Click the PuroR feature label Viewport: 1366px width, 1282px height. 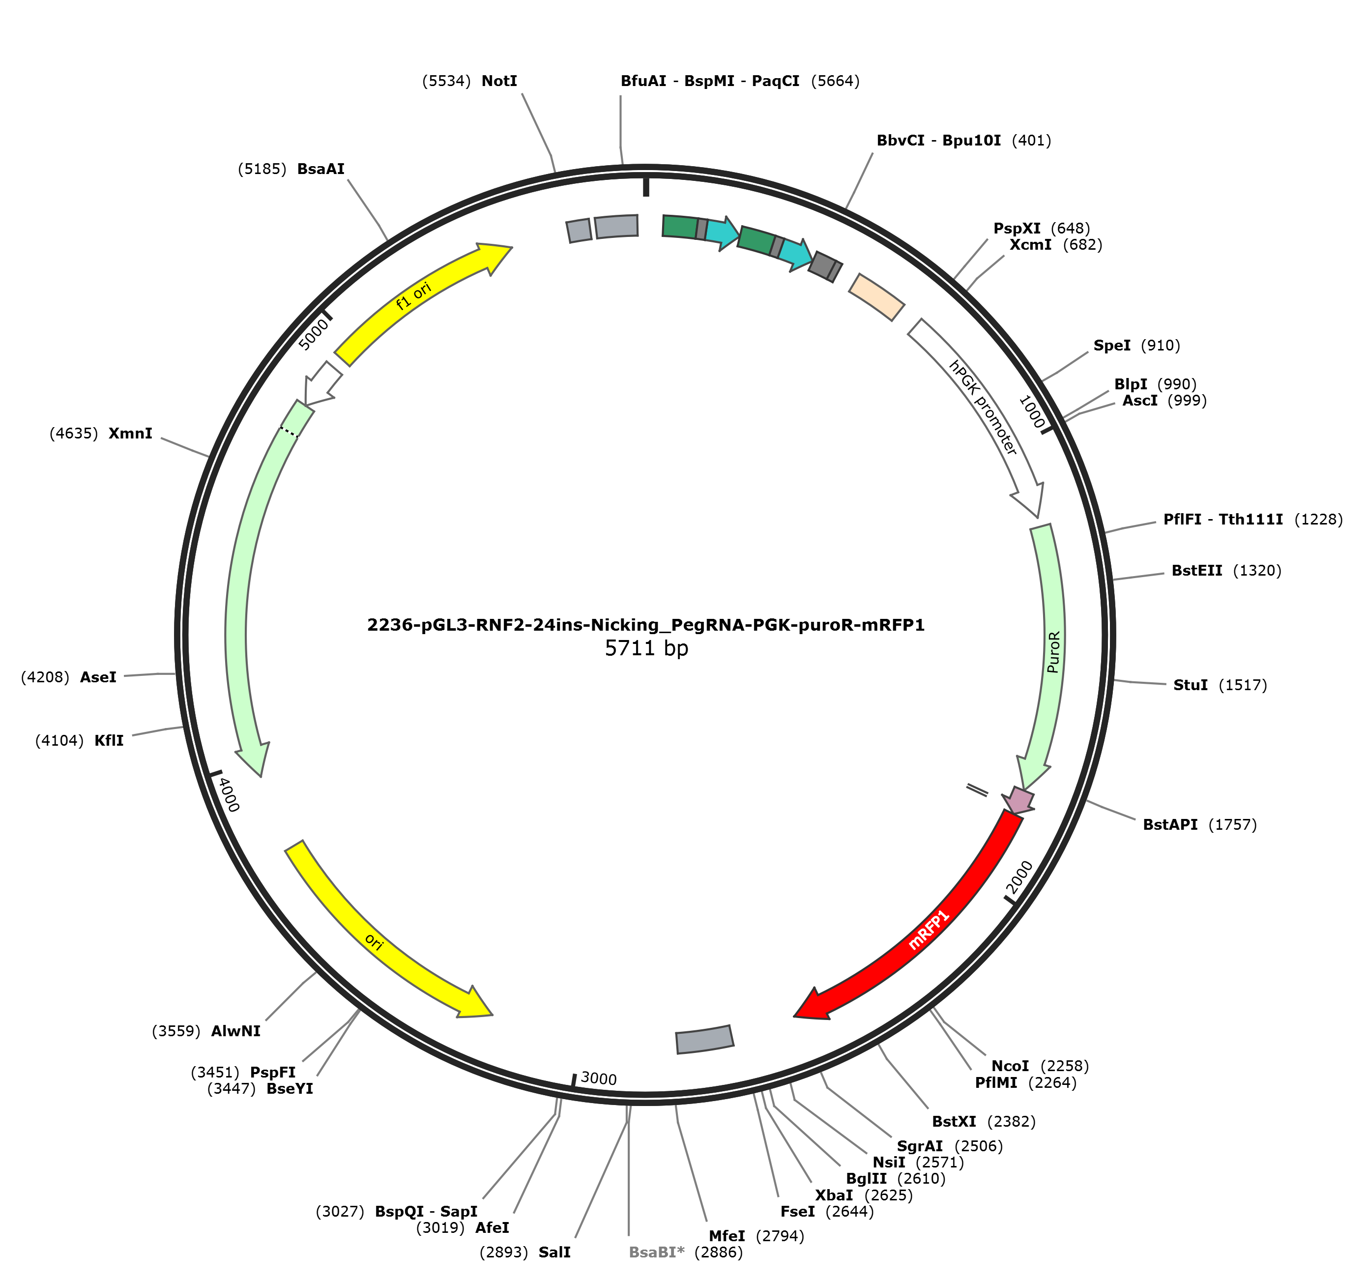point(1053,652)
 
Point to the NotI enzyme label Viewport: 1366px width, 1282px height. point(499,81)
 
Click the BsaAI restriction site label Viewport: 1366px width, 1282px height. point(321,169)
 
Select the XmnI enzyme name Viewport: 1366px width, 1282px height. point(131,434)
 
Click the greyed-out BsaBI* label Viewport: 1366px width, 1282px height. point(657,1253)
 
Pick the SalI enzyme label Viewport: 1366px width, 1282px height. point(554,1253)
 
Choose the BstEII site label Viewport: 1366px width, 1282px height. point(1197,570)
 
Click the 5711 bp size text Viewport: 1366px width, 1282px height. point(646,648)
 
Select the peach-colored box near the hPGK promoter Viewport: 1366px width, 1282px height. point(877,297)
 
